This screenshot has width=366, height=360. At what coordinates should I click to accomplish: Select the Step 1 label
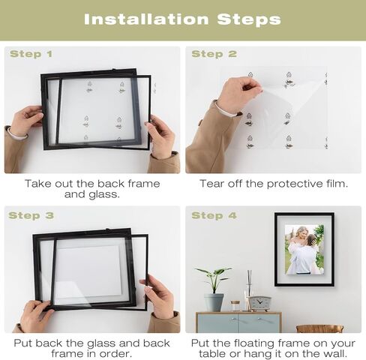(31, 54)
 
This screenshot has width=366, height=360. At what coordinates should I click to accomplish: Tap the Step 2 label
(213, 54)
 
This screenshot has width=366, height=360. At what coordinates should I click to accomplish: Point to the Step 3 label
(31, 216)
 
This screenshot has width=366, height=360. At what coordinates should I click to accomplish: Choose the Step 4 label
(213, 216)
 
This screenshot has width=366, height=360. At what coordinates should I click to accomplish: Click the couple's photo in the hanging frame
(304, 249)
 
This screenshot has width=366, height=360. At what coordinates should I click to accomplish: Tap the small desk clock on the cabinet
(259, 303)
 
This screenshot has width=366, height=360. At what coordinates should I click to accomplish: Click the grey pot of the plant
(214, 301)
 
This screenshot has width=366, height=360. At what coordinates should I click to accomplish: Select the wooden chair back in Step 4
(319, 328)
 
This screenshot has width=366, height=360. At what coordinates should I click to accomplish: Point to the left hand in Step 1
(26, 121)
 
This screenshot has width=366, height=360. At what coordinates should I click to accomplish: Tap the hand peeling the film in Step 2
(238, 94)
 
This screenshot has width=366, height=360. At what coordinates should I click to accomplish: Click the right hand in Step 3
(158, 295)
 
